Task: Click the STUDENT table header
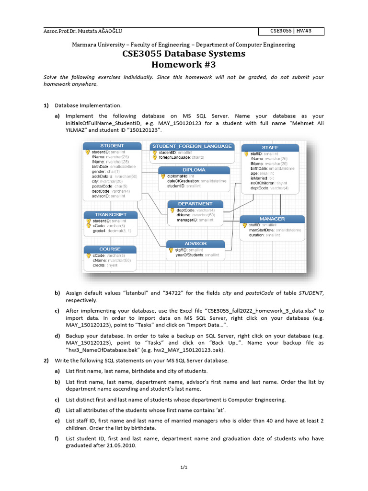tap(112, 146)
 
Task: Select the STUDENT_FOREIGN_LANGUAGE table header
tap(192, 146)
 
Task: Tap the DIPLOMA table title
tap(194, 170)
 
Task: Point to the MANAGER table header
tap(272, 219)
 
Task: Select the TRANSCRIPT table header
tap(111, 214)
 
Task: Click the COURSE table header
tap(110, 249)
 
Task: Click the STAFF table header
tap(270, 147)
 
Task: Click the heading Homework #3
tap(184, 65)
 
